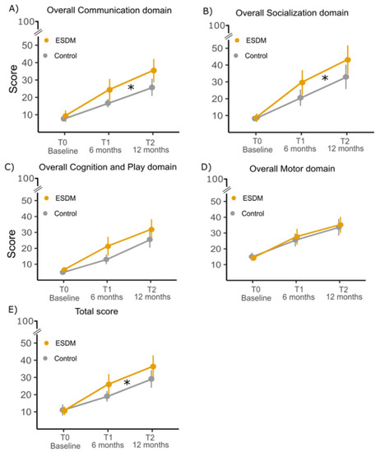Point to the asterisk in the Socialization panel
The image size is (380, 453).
[x=325, y=79]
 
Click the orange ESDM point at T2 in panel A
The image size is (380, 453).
[x=152, y=71]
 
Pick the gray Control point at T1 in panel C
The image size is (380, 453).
[x=108, y=259]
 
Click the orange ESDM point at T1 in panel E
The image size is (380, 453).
[x=108, y=385]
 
